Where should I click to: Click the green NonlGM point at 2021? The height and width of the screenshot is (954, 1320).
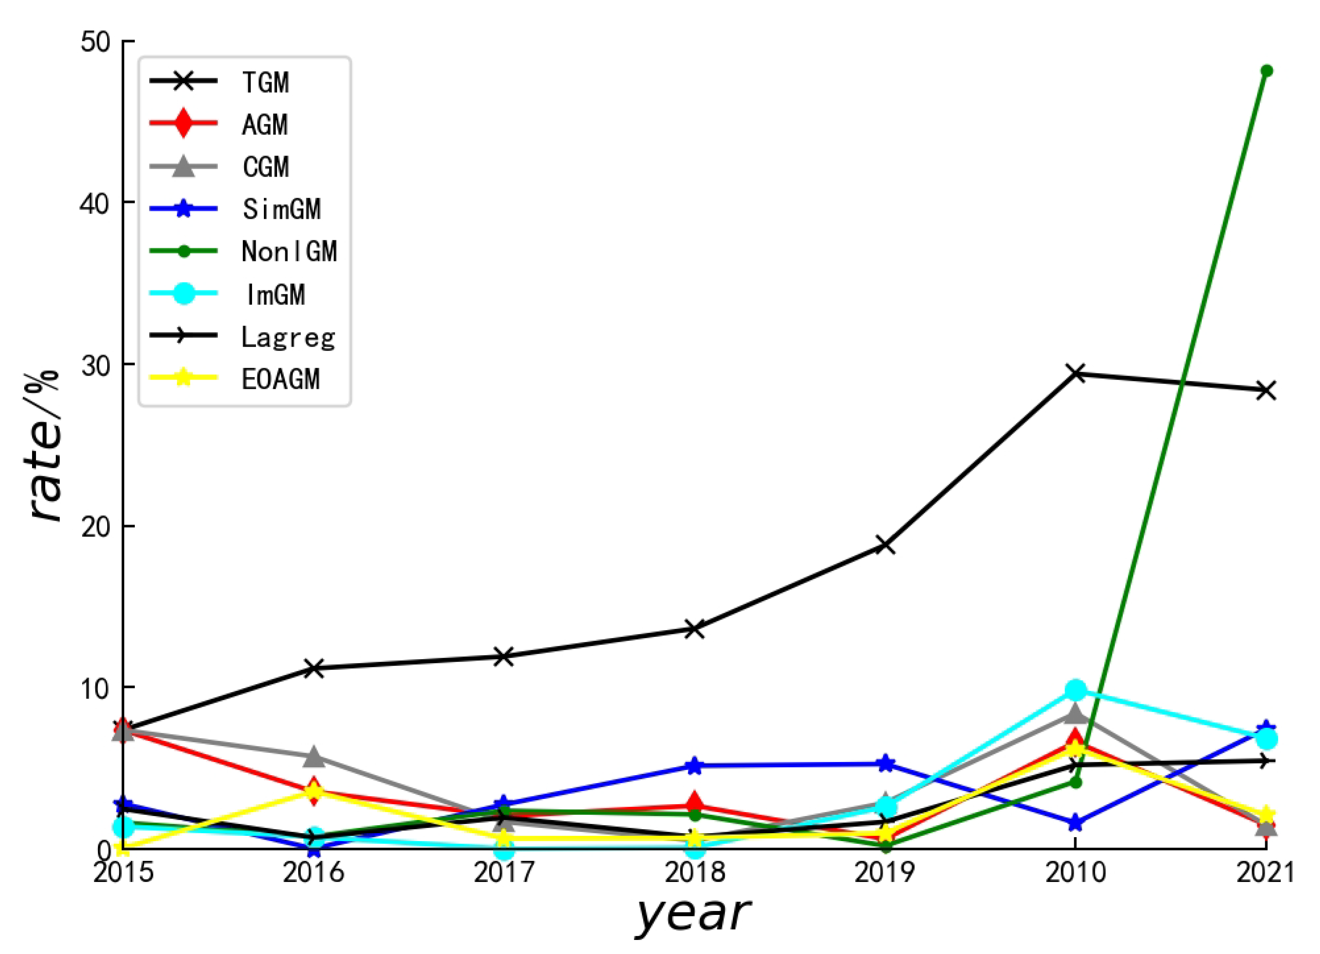[x=1266, y=71]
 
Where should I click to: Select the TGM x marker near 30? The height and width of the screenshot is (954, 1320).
[x=1075, y=374]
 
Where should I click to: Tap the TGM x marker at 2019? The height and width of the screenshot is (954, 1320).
[x=885, y=545]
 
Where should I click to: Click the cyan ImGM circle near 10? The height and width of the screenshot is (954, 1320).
[x=1075, y=691]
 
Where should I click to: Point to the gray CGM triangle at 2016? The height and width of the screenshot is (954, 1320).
[x=314, y=757]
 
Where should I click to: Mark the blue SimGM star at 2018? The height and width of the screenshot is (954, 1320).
[x=694, y=766]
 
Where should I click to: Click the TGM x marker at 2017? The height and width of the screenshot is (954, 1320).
[x=504, y=657]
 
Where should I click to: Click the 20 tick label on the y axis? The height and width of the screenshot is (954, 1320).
[x=95, y=526]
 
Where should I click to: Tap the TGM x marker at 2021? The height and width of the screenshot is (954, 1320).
[x=1266, y=390]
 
